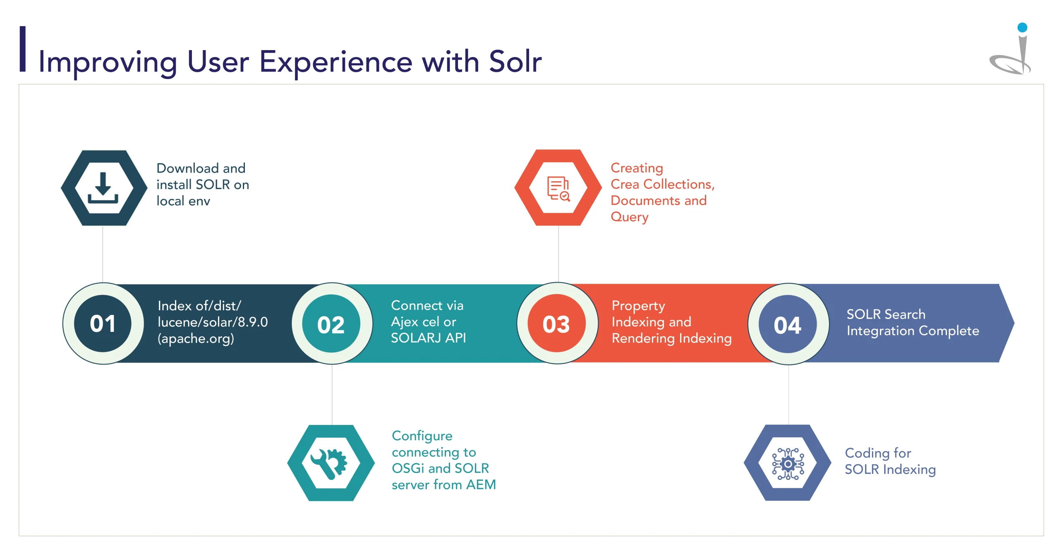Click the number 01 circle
(x=103, y=324)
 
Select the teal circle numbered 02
(x=331, y=324)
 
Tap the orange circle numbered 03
(x=557, y=324)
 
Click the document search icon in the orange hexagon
(x=558, y=189)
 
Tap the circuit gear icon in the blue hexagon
(x=788, y=464)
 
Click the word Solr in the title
(x=515, y=62)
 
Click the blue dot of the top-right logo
(x=1022, y=28)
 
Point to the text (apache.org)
(x=196, y=339)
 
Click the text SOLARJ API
(x=428, y=338)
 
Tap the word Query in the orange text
(x=629, y=217)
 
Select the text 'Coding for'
(x=878, y=453)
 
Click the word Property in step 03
(x=638, y=306)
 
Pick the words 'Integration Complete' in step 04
(x=913, y=331)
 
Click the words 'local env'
(x=183, y=201)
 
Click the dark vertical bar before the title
(x=23, y=49)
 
